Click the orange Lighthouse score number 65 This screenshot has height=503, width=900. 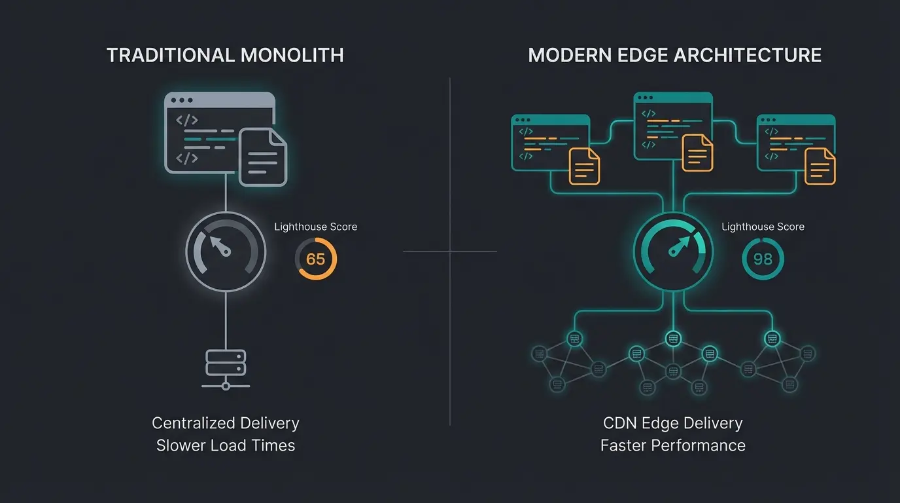[x=315, y=259]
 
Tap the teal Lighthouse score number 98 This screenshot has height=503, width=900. [x=763, y=259]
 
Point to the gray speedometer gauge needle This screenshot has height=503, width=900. [x=220, y=246]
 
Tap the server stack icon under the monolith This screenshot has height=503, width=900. [x=226, y=363]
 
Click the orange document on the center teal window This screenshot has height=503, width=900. [x=697, y=153]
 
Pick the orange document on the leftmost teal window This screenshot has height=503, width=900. [x=585, y=166]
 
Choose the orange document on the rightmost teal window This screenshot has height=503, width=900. [x=820, y=166]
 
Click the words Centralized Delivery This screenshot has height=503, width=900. [x=226, y=423]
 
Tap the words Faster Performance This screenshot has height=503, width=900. [x=672, y=446]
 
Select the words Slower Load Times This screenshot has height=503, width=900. [x=226, y=446]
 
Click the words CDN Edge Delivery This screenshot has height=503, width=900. [x=672, y=423]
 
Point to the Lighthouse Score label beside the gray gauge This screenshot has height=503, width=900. [x=315, y=227]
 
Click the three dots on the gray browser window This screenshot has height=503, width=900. [x=181, y=100]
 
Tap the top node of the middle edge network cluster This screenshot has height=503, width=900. [x=673, y=339]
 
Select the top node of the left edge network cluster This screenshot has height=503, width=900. [x=574, y=339]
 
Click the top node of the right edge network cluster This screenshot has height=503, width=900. [x=772, y=339]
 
